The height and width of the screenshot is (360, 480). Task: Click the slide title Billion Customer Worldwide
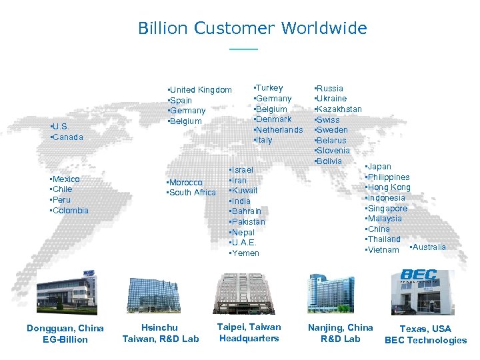point(252,29)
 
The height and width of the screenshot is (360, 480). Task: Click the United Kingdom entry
point(200,90)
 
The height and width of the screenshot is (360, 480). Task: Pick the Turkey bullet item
point(269,88)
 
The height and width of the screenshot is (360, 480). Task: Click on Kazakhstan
point(338,109)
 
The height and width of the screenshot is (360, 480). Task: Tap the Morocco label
point(185,183)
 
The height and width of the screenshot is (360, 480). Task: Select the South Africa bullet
point(191,193)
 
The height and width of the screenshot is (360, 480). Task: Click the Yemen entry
point(244,253)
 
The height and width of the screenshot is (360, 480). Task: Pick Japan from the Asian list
point(379,167)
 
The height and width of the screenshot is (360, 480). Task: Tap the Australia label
point(428,247)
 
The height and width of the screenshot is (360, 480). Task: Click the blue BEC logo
point(418,275)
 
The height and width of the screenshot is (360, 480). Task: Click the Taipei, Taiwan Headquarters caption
point(249,333)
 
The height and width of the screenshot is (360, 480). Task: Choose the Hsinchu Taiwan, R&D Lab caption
point(161,333)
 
